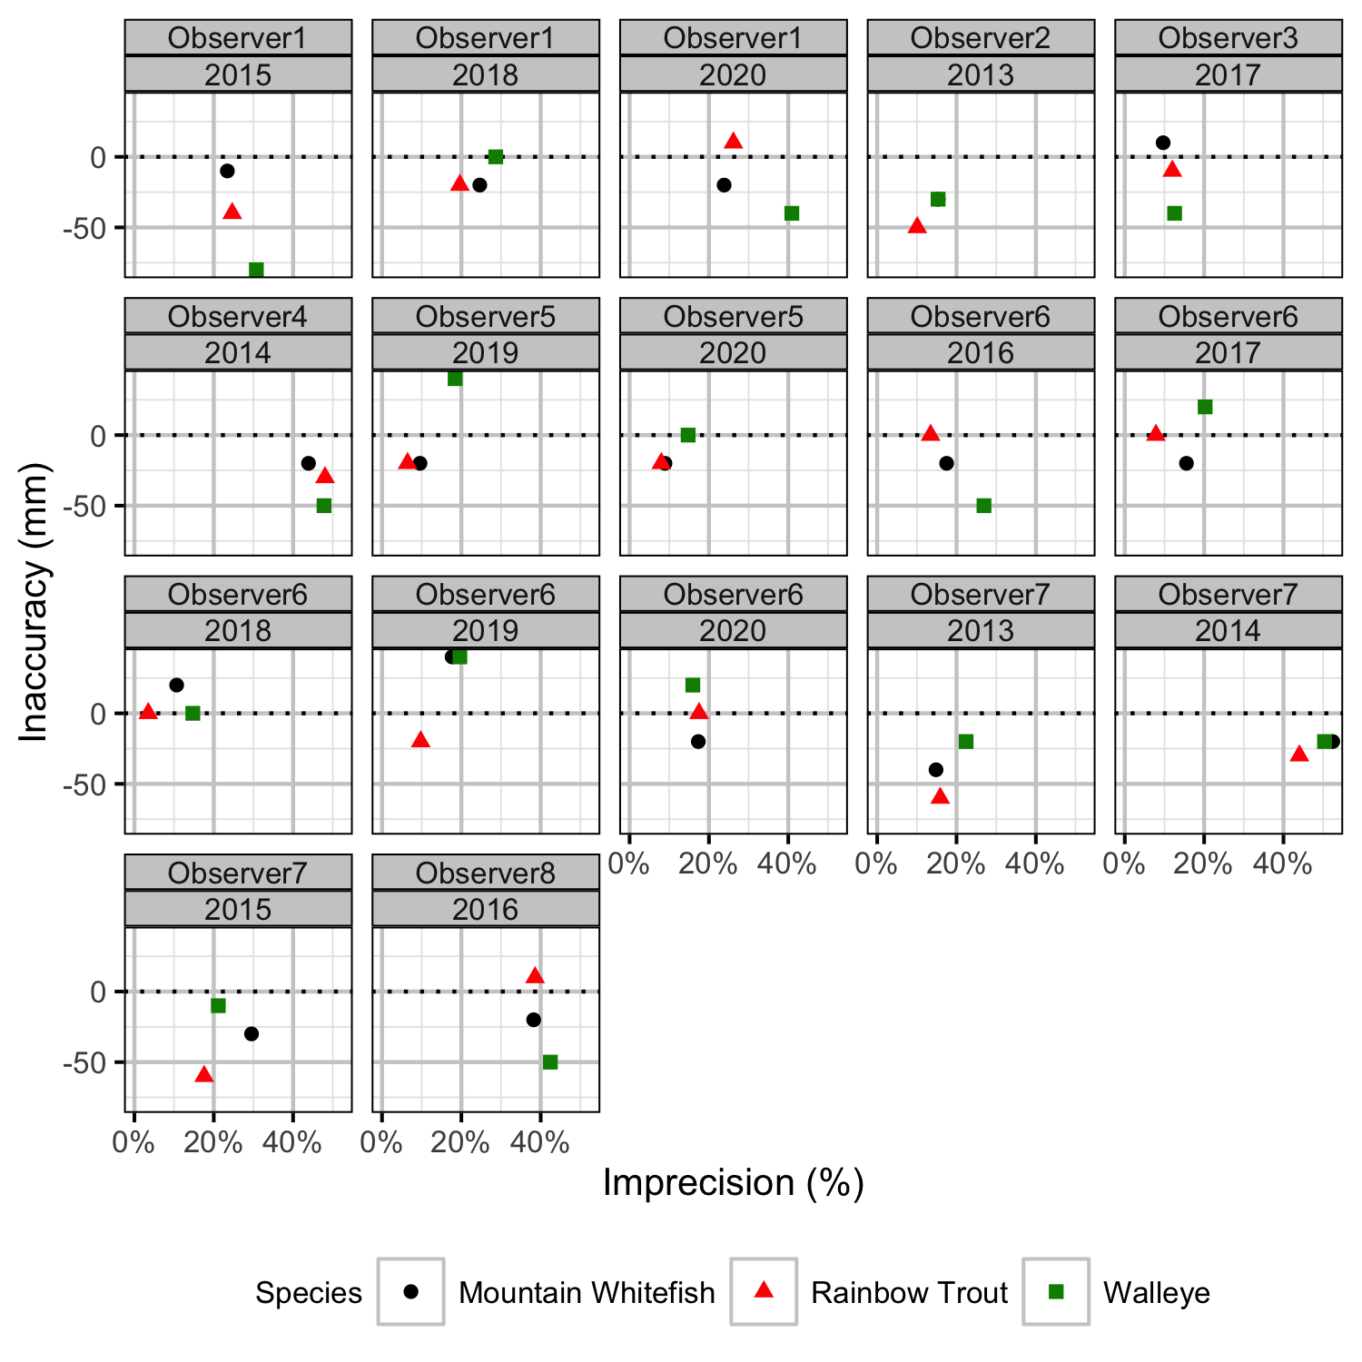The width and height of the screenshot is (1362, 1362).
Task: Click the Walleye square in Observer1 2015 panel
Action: click(256, 270)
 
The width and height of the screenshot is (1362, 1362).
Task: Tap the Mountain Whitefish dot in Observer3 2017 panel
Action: click(1163, 143)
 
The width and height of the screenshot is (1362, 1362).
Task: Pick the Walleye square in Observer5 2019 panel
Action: click(455, 379)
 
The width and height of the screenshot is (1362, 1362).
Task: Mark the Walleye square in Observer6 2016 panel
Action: click(983, 506)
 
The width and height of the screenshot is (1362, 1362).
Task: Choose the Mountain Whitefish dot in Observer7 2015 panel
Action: click(252, 1033)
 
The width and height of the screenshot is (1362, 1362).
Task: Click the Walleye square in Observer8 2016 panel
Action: click(550, 1061)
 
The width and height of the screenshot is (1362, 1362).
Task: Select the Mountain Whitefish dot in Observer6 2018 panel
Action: click(176, 685)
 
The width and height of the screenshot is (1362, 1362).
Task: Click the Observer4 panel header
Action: click(238, 317)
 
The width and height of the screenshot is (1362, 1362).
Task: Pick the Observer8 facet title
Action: click(486, 873)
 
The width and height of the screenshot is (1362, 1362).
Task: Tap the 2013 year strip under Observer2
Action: click(981, 74)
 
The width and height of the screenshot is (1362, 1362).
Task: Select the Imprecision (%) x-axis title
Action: click(733, 1182)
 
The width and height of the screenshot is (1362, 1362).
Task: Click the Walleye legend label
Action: click(1156, 1292)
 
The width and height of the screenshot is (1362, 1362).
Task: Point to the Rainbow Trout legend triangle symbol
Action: click(765, 1290)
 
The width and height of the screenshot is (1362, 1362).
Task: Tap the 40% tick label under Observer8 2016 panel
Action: click(540, 1142)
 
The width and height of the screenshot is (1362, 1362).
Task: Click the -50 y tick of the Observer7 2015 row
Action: click(84, 1062)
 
